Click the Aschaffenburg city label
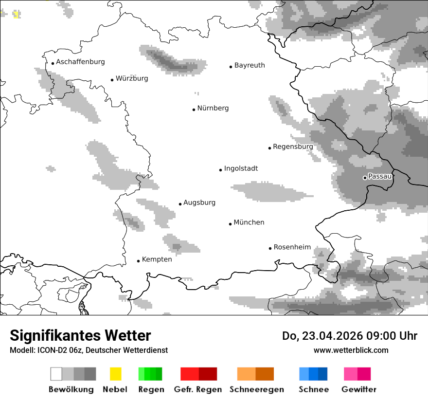point(80,62)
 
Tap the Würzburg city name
point(132,78)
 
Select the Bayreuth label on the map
point(250,65)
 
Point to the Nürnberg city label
point(213,108)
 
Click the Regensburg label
point(293,147)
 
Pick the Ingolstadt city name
point(241,168)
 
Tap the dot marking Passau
point(365,178)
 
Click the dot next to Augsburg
point(180,204)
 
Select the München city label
point(249,222)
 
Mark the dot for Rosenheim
point(270,248)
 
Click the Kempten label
point(157,259)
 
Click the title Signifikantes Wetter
point(80,335)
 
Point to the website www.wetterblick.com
point(351,350)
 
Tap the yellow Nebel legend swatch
point(115,374)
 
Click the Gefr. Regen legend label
point(197,389)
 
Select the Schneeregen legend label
point(256,389)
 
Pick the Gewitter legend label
point(359,389)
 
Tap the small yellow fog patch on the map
point(17,14)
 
